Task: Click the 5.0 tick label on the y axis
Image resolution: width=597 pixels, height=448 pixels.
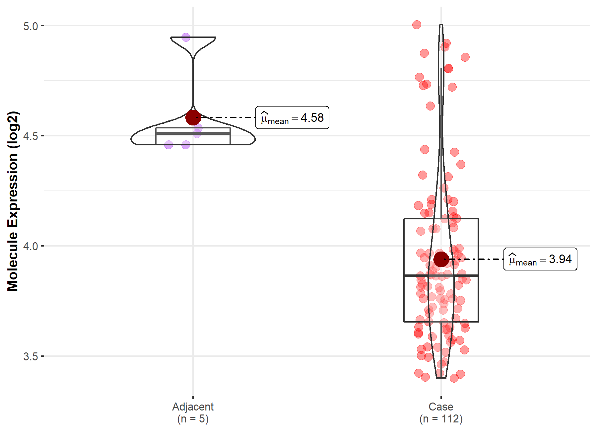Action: point(31,26)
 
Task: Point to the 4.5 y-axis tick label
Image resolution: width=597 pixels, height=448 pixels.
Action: point(31,136)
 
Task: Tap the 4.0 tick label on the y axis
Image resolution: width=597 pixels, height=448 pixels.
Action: point(31,246)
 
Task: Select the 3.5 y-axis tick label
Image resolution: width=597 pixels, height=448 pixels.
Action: point(31,356)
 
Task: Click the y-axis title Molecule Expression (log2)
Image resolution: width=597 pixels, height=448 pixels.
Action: point(13,201)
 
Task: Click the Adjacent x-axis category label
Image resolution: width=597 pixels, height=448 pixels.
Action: point(193,407)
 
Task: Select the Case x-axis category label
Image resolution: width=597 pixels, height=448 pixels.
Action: point(441,407)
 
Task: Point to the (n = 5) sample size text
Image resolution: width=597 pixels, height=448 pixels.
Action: point(193,419)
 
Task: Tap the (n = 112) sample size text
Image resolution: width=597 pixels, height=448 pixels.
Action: point(441,419)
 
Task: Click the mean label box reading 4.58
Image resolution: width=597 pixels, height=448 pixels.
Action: point(292,117)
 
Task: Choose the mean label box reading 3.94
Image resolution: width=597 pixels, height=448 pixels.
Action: point(540,259)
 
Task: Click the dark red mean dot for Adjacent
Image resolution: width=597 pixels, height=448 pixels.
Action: point(193,117)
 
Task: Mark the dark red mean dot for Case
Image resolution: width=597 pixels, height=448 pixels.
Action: point(441,259)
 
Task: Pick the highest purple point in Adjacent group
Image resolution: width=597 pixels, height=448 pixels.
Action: point(186,37)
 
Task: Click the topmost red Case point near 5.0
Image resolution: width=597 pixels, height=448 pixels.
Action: point(417,25)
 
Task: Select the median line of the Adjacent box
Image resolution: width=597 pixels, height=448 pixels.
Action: point(193,133)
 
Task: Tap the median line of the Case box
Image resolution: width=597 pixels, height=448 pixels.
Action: point(441,276)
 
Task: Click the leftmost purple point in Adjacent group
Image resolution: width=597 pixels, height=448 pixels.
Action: point(168,145)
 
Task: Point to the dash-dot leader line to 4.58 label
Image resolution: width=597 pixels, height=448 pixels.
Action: point(229,117)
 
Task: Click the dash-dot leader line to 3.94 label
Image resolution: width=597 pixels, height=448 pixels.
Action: point(478,259)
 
